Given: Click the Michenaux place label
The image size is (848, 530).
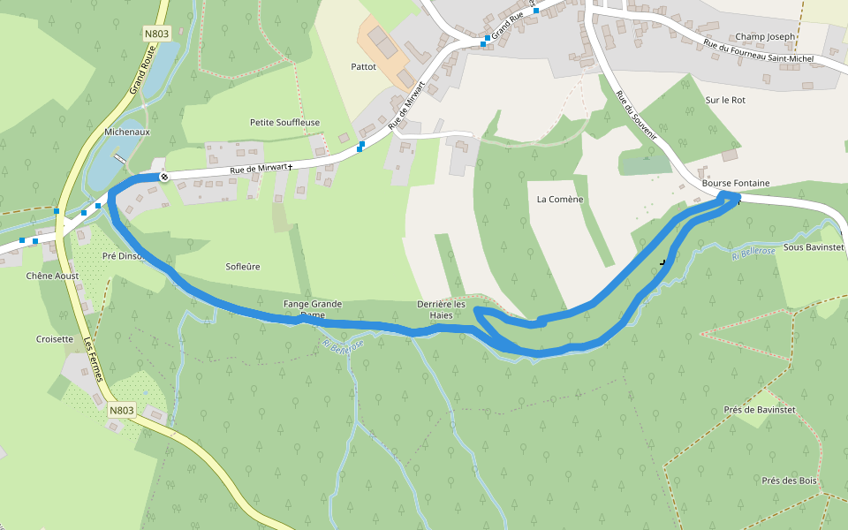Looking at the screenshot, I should pos(127,132).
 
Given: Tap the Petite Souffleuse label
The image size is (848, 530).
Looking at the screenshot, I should pos(284,122).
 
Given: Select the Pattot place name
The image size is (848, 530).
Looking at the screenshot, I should pos(363,66).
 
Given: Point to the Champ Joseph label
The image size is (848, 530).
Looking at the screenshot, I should pos(765,36).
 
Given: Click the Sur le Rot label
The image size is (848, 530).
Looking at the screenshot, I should pos(725,100).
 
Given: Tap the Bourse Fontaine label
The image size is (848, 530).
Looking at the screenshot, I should pos(735,183).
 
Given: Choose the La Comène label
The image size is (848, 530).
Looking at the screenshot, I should pos(560,200).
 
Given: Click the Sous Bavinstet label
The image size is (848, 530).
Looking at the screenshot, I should pos(814,248).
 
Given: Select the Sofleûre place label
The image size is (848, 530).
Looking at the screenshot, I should pos(243,266).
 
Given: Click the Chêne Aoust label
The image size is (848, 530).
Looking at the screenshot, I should pos(52,276).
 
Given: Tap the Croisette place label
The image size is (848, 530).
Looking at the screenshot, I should pos(55,338).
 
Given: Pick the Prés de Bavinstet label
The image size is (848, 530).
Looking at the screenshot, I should pos(759,410).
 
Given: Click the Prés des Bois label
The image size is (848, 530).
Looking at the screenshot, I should pos(789,481).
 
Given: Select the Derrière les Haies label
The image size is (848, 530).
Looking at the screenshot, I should pos(441,309).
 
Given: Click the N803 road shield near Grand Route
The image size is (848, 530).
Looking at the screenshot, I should pos(155,34).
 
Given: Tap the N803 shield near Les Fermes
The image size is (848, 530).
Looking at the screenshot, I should pos(122,410).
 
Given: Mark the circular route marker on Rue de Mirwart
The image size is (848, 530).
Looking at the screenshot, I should pos(163,177).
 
